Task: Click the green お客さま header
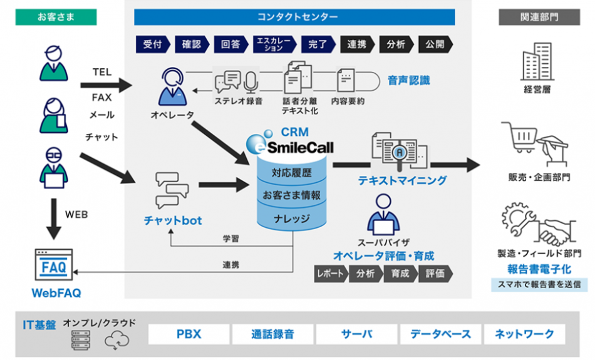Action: (56, 17)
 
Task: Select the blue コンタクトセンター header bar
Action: (297, 17)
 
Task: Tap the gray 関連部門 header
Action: (539, 17)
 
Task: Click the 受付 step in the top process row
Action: (152, 44)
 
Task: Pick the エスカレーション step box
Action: (274, 44)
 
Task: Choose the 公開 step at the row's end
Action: (434, 44)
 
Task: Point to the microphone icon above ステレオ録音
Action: (251, 81)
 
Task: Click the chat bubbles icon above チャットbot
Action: (172, 190)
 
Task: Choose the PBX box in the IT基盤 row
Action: (188, 334)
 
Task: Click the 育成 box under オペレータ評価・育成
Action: (400, 274)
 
